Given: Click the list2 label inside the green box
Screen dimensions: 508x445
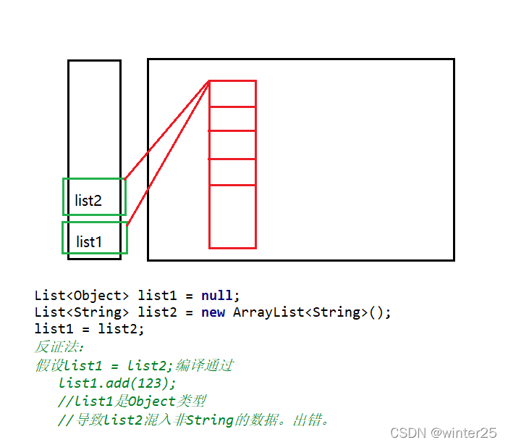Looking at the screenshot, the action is coord(88,201).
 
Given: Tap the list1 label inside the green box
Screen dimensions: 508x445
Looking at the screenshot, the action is coord(89,241).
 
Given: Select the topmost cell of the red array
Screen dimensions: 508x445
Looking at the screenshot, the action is coord(232,93).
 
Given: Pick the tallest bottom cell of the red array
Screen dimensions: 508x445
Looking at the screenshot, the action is coord(232,216).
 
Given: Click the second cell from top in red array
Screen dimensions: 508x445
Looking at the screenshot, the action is coord(232,119).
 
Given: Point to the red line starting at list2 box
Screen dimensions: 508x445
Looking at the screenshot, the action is coord(167,129).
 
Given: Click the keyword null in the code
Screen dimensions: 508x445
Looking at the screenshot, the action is coord(217,296).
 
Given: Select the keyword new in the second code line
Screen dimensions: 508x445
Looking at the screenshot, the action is coord(213,312).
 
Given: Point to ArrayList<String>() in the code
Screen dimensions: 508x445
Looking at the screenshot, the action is coord(312,312).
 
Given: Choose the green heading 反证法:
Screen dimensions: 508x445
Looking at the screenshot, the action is coord(59,347).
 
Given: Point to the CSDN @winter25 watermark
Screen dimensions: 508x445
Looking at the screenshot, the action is coord(443,433).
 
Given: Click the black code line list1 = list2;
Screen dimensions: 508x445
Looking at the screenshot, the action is coord(90,329).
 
